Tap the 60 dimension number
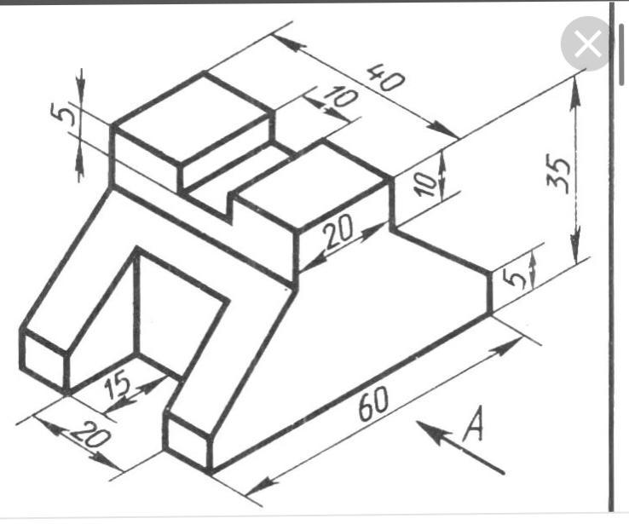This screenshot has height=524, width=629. pos(373,404)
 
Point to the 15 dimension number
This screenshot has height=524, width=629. pos(118,385)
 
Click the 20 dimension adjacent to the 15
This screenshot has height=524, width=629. pos(90,435)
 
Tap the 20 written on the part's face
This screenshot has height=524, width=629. pos(339,232)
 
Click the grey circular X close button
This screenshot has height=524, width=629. pos(587,43)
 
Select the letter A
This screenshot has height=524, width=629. pos(474,425)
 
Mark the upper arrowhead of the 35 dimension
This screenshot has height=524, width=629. pos(575,91)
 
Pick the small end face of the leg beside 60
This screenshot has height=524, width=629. pos(188,443)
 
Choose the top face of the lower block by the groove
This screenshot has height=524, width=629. pos(313,184)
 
